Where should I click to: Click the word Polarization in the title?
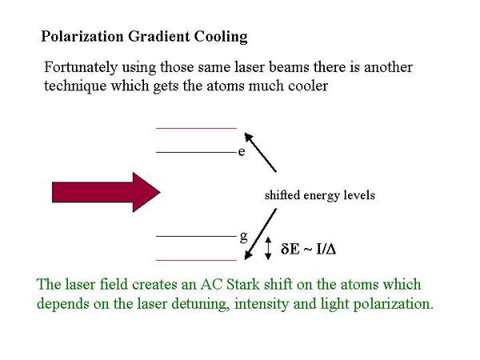tap(82, 36)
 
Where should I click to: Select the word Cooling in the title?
tap(221, 37)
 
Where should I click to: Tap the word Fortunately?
tap(81, 68)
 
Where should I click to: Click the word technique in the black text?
tap(75, 86)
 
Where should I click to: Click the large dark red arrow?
tap(106, 192)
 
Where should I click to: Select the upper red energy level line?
tap(196, 128)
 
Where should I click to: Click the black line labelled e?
tap(196, 152)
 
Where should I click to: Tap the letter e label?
tap(242, 152)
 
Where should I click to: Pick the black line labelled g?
tap(196, 236)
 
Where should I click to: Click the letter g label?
tap(243, 237)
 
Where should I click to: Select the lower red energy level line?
tap(196, 260)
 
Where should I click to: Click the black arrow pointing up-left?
tap(261, 152)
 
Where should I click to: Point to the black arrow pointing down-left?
tap(261, 234)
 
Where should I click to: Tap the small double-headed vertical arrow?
tap(268, 248)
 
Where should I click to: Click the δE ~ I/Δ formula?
tap(309, 249)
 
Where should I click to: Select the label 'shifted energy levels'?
tap(320, 195)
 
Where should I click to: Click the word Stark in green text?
tap(243, 284)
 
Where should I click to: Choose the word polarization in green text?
tap(394, 304)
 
